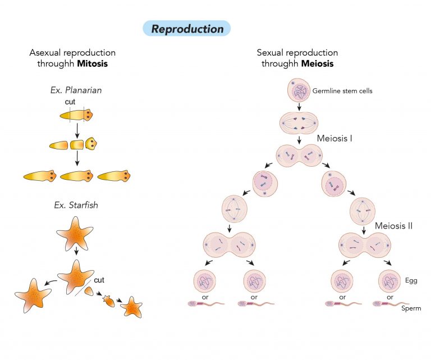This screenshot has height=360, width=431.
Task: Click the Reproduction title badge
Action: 187,29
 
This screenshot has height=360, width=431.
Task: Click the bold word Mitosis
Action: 92,64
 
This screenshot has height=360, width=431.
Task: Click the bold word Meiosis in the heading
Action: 317,64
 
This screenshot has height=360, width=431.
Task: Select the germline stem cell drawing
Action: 299,90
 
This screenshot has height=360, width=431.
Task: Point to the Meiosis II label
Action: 393,226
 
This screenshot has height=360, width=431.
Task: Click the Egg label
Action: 411,279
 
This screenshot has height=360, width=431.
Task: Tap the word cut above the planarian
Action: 70,102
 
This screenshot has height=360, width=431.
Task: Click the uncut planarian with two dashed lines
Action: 77,115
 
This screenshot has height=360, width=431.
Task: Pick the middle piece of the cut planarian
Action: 77,145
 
